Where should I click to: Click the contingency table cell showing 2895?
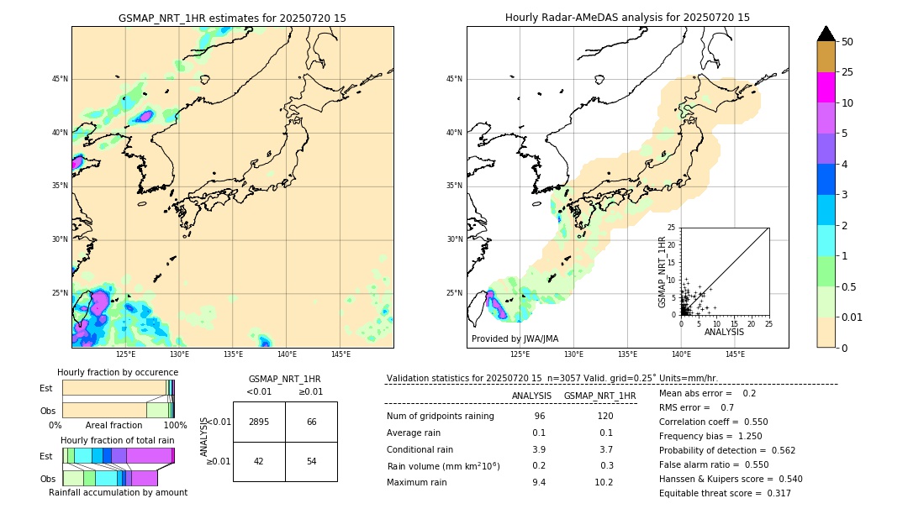click(x=259, y=422)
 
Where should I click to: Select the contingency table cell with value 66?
click(x=311, y=422)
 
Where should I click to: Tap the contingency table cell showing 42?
click(x=259, y=461)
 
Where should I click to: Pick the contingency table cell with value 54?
click(x=311, y=461)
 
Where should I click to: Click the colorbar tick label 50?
click(x=847, y=42)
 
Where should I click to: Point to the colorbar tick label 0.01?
click(x=853, y=317)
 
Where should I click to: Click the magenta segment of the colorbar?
click(x=826, y=87)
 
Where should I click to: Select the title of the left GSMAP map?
click(x=232, y=18)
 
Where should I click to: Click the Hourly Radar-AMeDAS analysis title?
click(x=627, y=18)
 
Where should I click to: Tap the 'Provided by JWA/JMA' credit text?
click(x=515, y=338)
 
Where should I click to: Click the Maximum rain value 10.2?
click(x=604, y=482)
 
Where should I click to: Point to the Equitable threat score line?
click(x=725, y=493)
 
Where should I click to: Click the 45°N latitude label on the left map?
click(x=60, y=79)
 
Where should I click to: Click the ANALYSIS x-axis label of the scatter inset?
click(x=724, y=332)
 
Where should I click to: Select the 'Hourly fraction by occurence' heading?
click(x=118, y=372)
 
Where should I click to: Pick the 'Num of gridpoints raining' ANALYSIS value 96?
click(x=539, y=416)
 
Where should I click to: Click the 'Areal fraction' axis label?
click(x=113, y=425)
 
